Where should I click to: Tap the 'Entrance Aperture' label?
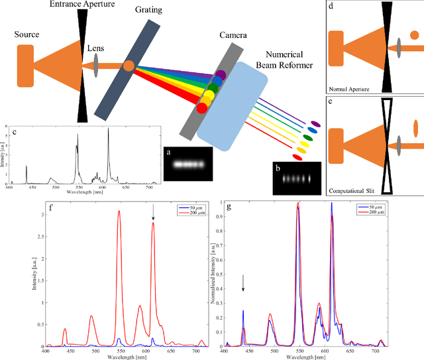[x=83, y=5]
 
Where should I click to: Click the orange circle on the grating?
[x=129, y=65]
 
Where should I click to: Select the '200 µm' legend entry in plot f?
[x=192, y=212]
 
